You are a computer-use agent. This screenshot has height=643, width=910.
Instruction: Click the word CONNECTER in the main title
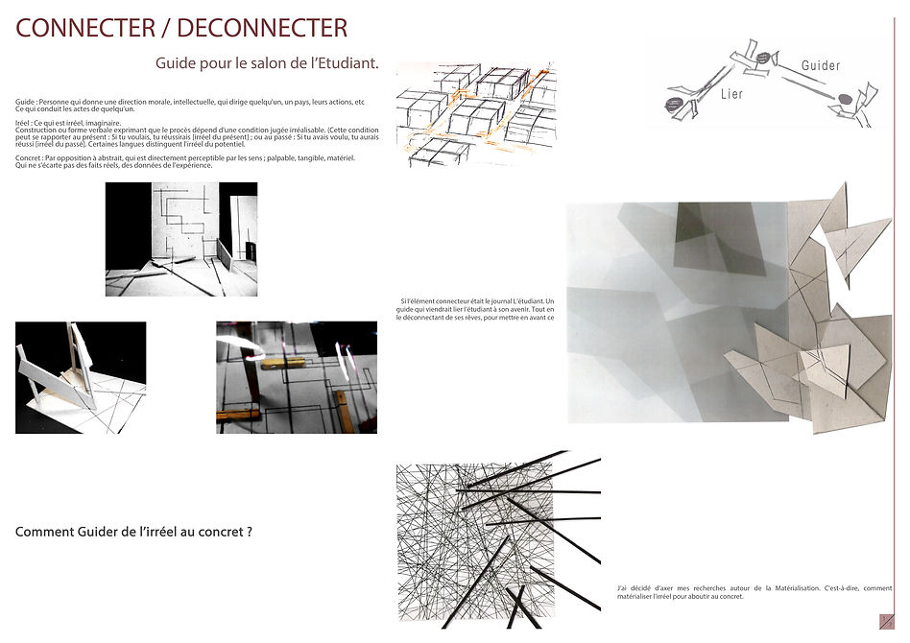[x=82, y=29]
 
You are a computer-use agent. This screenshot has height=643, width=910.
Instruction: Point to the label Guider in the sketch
[x=821, y=66]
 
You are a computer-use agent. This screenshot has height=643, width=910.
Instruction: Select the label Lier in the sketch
[x=731, y=95]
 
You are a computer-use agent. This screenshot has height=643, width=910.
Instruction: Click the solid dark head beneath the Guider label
[x=846, y=99]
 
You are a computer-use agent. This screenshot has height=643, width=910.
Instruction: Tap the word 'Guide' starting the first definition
[x=27, y=101]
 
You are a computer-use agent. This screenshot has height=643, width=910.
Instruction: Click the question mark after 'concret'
[x=250, y=531]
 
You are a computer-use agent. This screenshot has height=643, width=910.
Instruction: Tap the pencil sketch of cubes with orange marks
[x=475, y=115]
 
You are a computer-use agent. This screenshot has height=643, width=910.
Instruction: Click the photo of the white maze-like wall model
[x=180, y=239]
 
